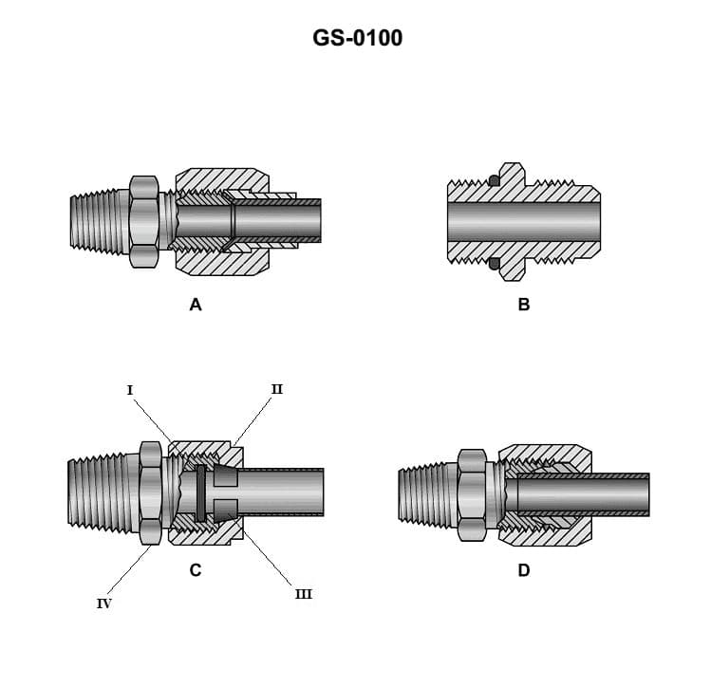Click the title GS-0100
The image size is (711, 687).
click(357, 39)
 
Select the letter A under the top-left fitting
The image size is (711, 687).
click(196, 305)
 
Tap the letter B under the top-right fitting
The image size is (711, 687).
click(524, 305)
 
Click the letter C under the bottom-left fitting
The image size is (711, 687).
click(196, 570)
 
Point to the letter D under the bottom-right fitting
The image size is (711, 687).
click(524, 570)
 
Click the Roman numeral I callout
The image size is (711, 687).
click(129, 389)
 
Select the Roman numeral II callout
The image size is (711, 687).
click(276, 388)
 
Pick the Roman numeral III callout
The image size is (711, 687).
click(303, 594)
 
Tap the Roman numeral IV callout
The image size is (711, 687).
click(103, 603)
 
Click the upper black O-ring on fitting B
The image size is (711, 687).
click(494, 180)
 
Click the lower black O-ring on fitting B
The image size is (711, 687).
click(494, 264)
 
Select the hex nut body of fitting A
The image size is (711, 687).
click(143, 222)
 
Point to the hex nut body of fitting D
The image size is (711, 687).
click(472, 495)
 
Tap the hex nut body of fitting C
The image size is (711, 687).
click(151, 492)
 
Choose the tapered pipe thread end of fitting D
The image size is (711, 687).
click(426, 493)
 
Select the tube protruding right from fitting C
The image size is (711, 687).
click(285, 492)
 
